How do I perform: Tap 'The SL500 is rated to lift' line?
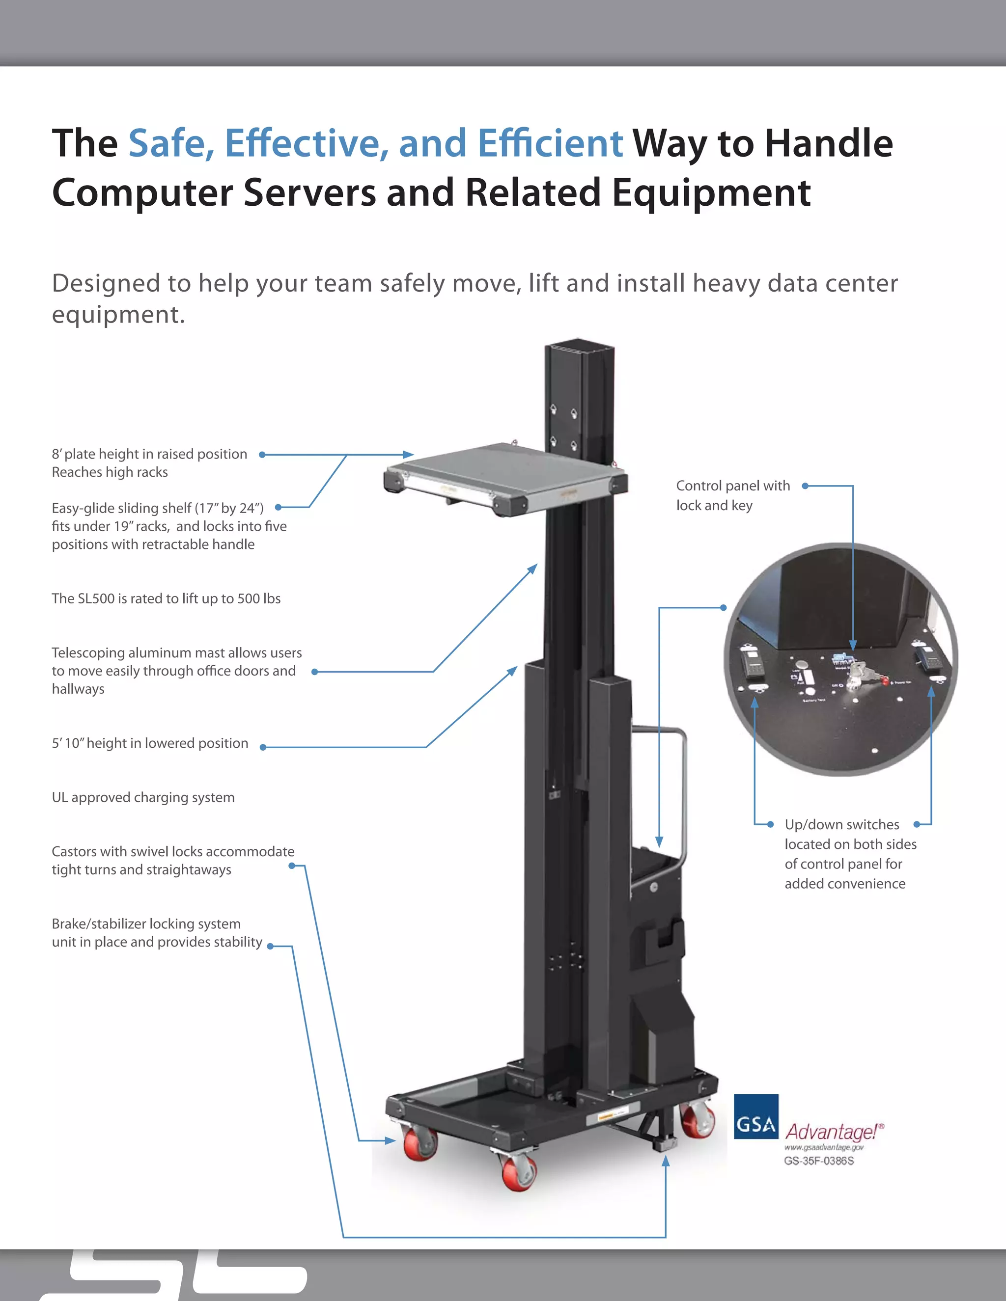point(166,598)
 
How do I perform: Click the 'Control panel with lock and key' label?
point(732,495)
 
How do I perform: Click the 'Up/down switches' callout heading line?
point(841,824)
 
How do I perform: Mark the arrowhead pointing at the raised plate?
point(408,455)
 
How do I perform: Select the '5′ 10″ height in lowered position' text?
point(150,743)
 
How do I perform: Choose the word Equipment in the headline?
point(711,193)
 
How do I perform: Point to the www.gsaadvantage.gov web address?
point(824,1147)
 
